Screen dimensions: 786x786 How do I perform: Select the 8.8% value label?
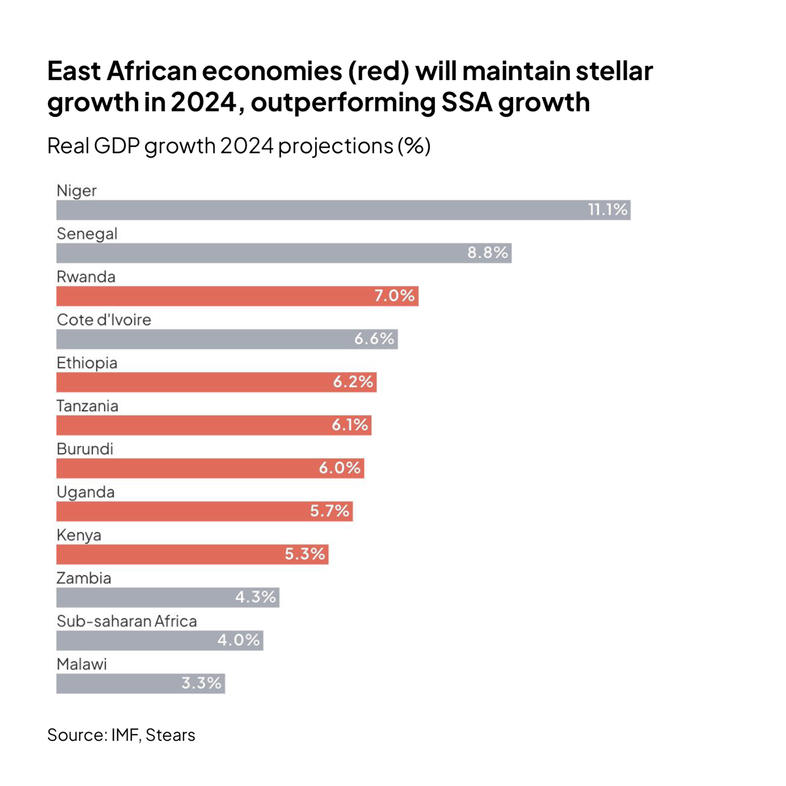coord(487,253)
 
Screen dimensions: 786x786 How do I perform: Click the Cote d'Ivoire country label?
coord(104,320)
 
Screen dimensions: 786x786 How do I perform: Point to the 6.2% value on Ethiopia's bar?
coord(353,382)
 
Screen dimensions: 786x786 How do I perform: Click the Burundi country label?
coord(85,449)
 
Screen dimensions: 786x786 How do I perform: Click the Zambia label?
coord(83,578)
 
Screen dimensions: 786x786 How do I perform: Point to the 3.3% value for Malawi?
coord(201,683)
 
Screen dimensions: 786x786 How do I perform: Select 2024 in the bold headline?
coord(203,102)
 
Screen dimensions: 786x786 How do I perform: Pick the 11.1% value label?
coord(607,210)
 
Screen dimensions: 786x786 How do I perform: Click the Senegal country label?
coord(87,234)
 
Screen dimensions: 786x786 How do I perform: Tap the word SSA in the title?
coord(467,102)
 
